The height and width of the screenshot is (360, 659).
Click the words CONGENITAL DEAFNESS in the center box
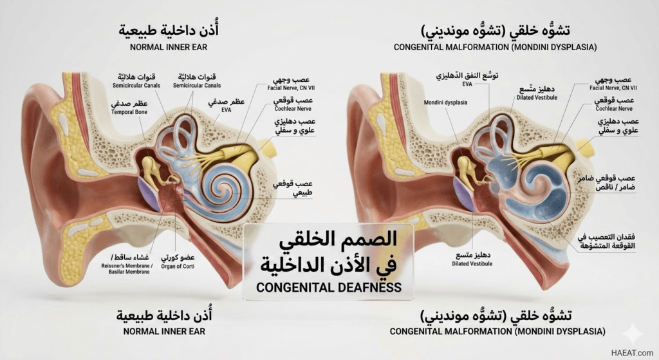329,287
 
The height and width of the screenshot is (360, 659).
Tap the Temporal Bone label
129,112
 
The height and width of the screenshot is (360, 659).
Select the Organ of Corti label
178,266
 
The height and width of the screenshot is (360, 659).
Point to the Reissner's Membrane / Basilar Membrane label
127,269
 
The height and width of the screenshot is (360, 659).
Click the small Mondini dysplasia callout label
445,102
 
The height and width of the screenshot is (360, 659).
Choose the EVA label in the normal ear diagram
227,110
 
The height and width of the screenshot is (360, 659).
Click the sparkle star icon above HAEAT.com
632,334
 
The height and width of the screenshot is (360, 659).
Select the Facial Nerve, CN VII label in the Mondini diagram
613,88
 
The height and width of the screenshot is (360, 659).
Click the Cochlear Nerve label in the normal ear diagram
293,109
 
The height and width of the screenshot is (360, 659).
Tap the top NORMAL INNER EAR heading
169,47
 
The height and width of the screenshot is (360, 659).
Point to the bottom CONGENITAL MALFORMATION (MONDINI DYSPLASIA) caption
497,332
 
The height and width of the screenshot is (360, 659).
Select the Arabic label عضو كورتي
178,257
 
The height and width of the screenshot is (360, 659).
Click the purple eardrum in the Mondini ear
463,193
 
